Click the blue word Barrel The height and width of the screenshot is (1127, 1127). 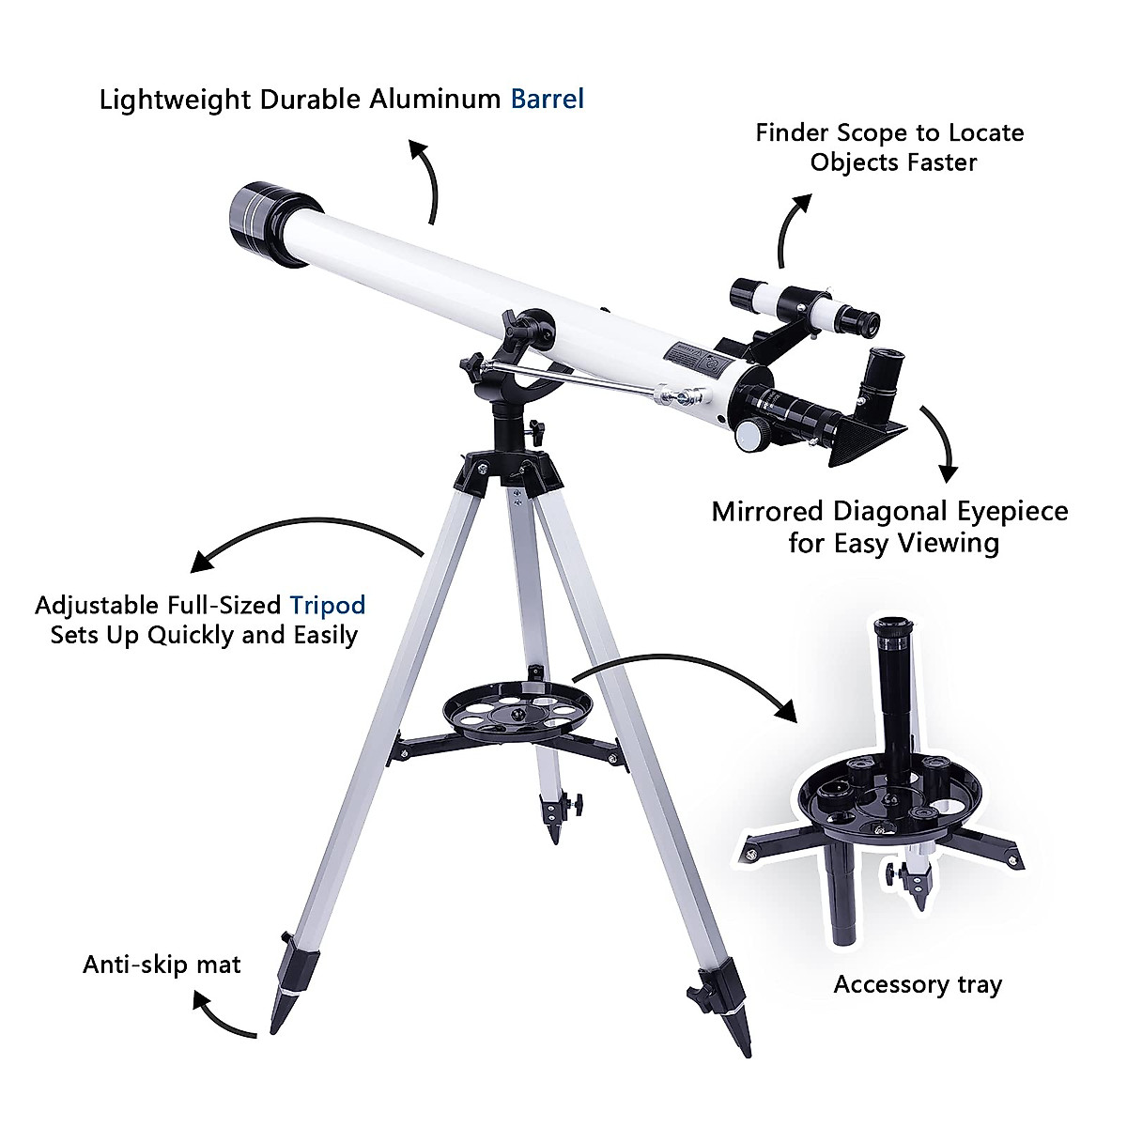[547, 99]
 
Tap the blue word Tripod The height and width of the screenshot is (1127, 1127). [327, 604]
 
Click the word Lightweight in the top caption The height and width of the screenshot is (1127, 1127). [175, 100]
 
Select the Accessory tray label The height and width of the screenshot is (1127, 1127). [918, 984]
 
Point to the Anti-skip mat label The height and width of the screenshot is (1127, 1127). [162, 965]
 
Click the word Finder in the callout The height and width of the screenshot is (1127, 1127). [792, 132]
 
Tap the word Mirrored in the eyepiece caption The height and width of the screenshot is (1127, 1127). [767, 512]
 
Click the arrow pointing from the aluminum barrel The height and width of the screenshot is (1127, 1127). [427, 178]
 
